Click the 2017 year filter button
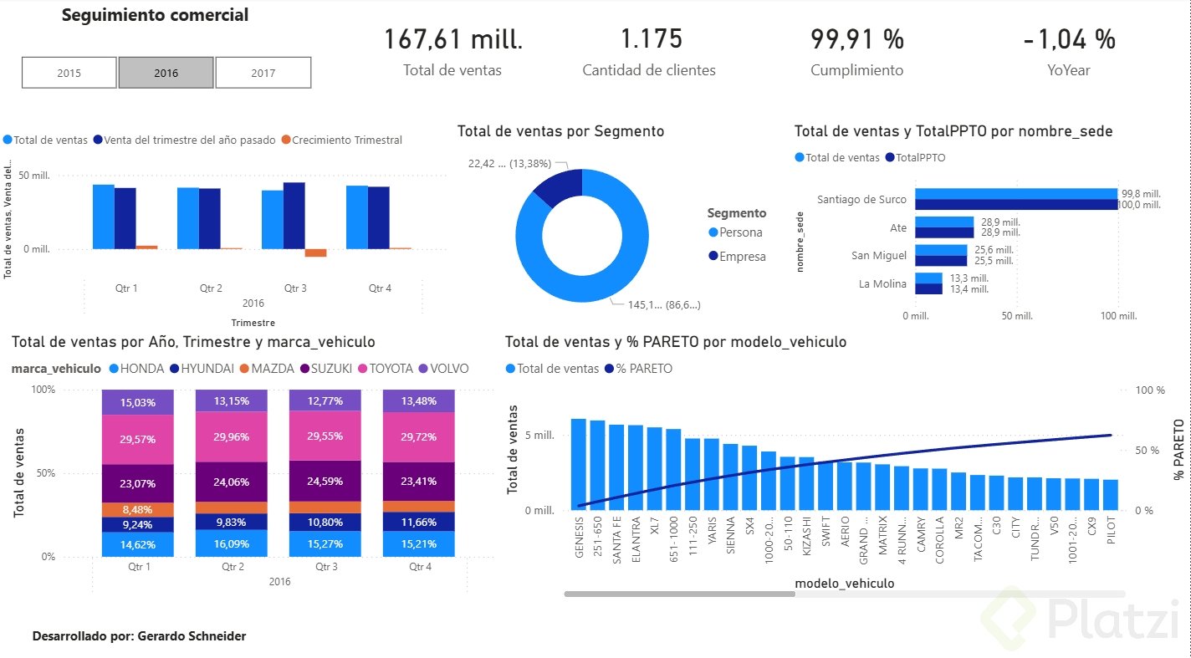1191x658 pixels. pyautogui.click(x=263, y=73)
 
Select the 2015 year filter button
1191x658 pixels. pyautogui.click(x=69, y=73)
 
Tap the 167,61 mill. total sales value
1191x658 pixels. pyautogui.click(x=452, y=39)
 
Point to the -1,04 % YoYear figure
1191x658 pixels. pyautogui.click(x=1069, y=39)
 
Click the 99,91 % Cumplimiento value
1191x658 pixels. pyautogui.click(x=856, y=39)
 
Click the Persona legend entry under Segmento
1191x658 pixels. pyautogui.click(x=740, y=232)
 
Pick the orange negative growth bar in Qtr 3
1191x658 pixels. pyautogui.click(x=315, y=252)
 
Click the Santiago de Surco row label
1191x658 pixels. pyautogui.click(x=861, y=199)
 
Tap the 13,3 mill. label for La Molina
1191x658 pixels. pyautogui.click(x=969, y=278)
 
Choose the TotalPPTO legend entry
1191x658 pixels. pyautogui.click(x=920, y=157)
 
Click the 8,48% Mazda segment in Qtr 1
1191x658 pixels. pyautogui.click(x=138, y=509)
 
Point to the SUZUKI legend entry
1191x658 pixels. pyautogui.click(x=331, y=369)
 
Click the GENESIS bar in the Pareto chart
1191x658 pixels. pyautogui.click(x=579, y=464)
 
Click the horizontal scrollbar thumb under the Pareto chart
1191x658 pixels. pyautogui.click(x=679, y=594)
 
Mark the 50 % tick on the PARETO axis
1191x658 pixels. pyautogui.click(x=1148, y=450)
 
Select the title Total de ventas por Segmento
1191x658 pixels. pyautogui.click(x=560, y=131)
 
